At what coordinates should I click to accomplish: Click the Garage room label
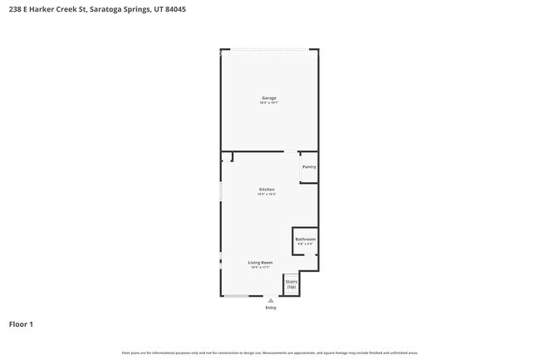point(269,98)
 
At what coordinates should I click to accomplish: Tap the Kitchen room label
point(267,190)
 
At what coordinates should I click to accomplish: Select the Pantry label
point(309,167)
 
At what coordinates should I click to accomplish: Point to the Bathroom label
point(305,239)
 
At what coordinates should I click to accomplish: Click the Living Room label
point(261,263)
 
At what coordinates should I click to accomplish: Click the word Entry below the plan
point(271,308)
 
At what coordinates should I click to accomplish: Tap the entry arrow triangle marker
point(270,300)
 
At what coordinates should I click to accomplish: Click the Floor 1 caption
point(21,324)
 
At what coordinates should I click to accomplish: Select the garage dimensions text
point(269,103)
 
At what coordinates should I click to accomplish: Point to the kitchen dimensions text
point(267,195)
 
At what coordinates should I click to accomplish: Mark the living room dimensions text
point(261,268)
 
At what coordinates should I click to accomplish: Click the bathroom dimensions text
point(305,244)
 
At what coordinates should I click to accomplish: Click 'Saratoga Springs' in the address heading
point(123,9)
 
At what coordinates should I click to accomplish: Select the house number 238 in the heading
point(14,9)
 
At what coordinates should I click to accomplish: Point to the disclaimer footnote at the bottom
point(270,353)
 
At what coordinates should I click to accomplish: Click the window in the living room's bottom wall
point(237,296)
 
